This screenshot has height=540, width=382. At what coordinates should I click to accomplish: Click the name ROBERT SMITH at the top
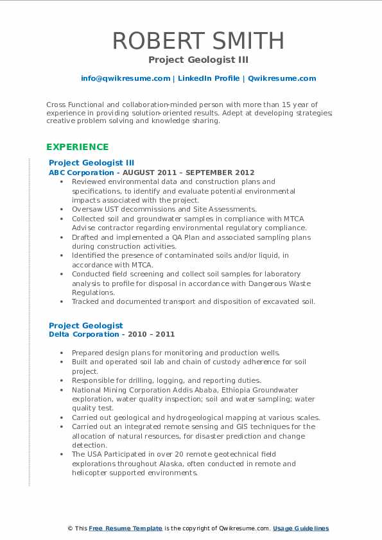pos(198,40)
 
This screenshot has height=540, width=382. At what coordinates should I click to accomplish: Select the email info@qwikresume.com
pos(125,78)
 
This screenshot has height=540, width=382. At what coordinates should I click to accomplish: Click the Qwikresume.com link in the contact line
pos(281,78)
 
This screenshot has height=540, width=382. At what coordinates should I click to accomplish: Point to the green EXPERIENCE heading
pos(77,147)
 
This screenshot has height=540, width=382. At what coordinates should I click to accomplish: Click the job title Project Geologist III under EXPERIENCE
pos(91,163)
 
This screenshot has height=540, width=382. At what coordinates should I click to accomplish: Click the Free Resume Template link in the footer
pos(125,528)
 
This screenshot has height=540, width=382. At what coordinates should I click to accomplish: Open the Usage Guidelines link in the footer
pos(300,528)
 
